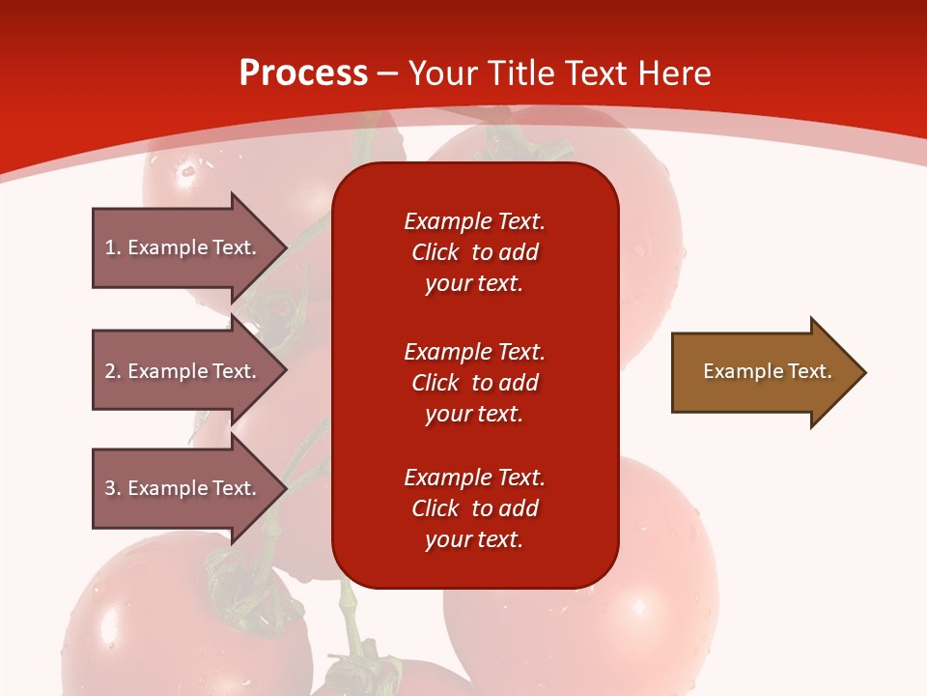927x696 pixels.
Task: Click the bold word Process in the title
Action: [x=303, y=73]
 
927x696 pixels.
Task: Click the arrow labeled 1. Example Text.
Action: [x=190, y=247]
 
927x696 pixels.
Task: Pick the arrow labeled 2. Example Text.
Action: [x=190, y=370]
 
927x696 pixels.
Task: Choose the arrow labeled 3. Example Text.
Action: [x=190, y=488]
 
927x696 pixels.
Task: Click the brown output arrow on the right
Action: [x=770, y=372]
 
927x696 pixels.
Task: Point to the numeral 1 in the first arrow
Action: [x=110, y=247]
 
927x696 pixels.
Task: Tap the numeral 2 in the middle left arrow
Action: [x=110, y=371]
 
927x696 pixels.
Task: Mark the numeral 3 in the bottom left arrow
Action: [x=110, y=488]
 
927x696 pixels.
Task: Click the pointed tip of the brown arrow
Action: [x=866, y=372]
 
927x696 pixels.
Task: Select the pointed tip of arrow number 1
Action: [x=288, y=247]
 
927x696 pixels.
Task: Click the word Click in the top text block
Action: [x=435, y=252]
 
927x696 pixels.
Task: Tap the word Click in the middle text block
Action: [x=435, y=383]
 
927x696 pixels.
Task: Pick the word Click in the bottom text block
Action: [x=435, y=507]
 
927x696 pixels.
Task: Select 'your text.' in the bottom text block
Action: [x=474, y=539]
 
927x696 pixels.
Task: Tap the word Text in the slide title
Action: [x=597, y=73]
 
